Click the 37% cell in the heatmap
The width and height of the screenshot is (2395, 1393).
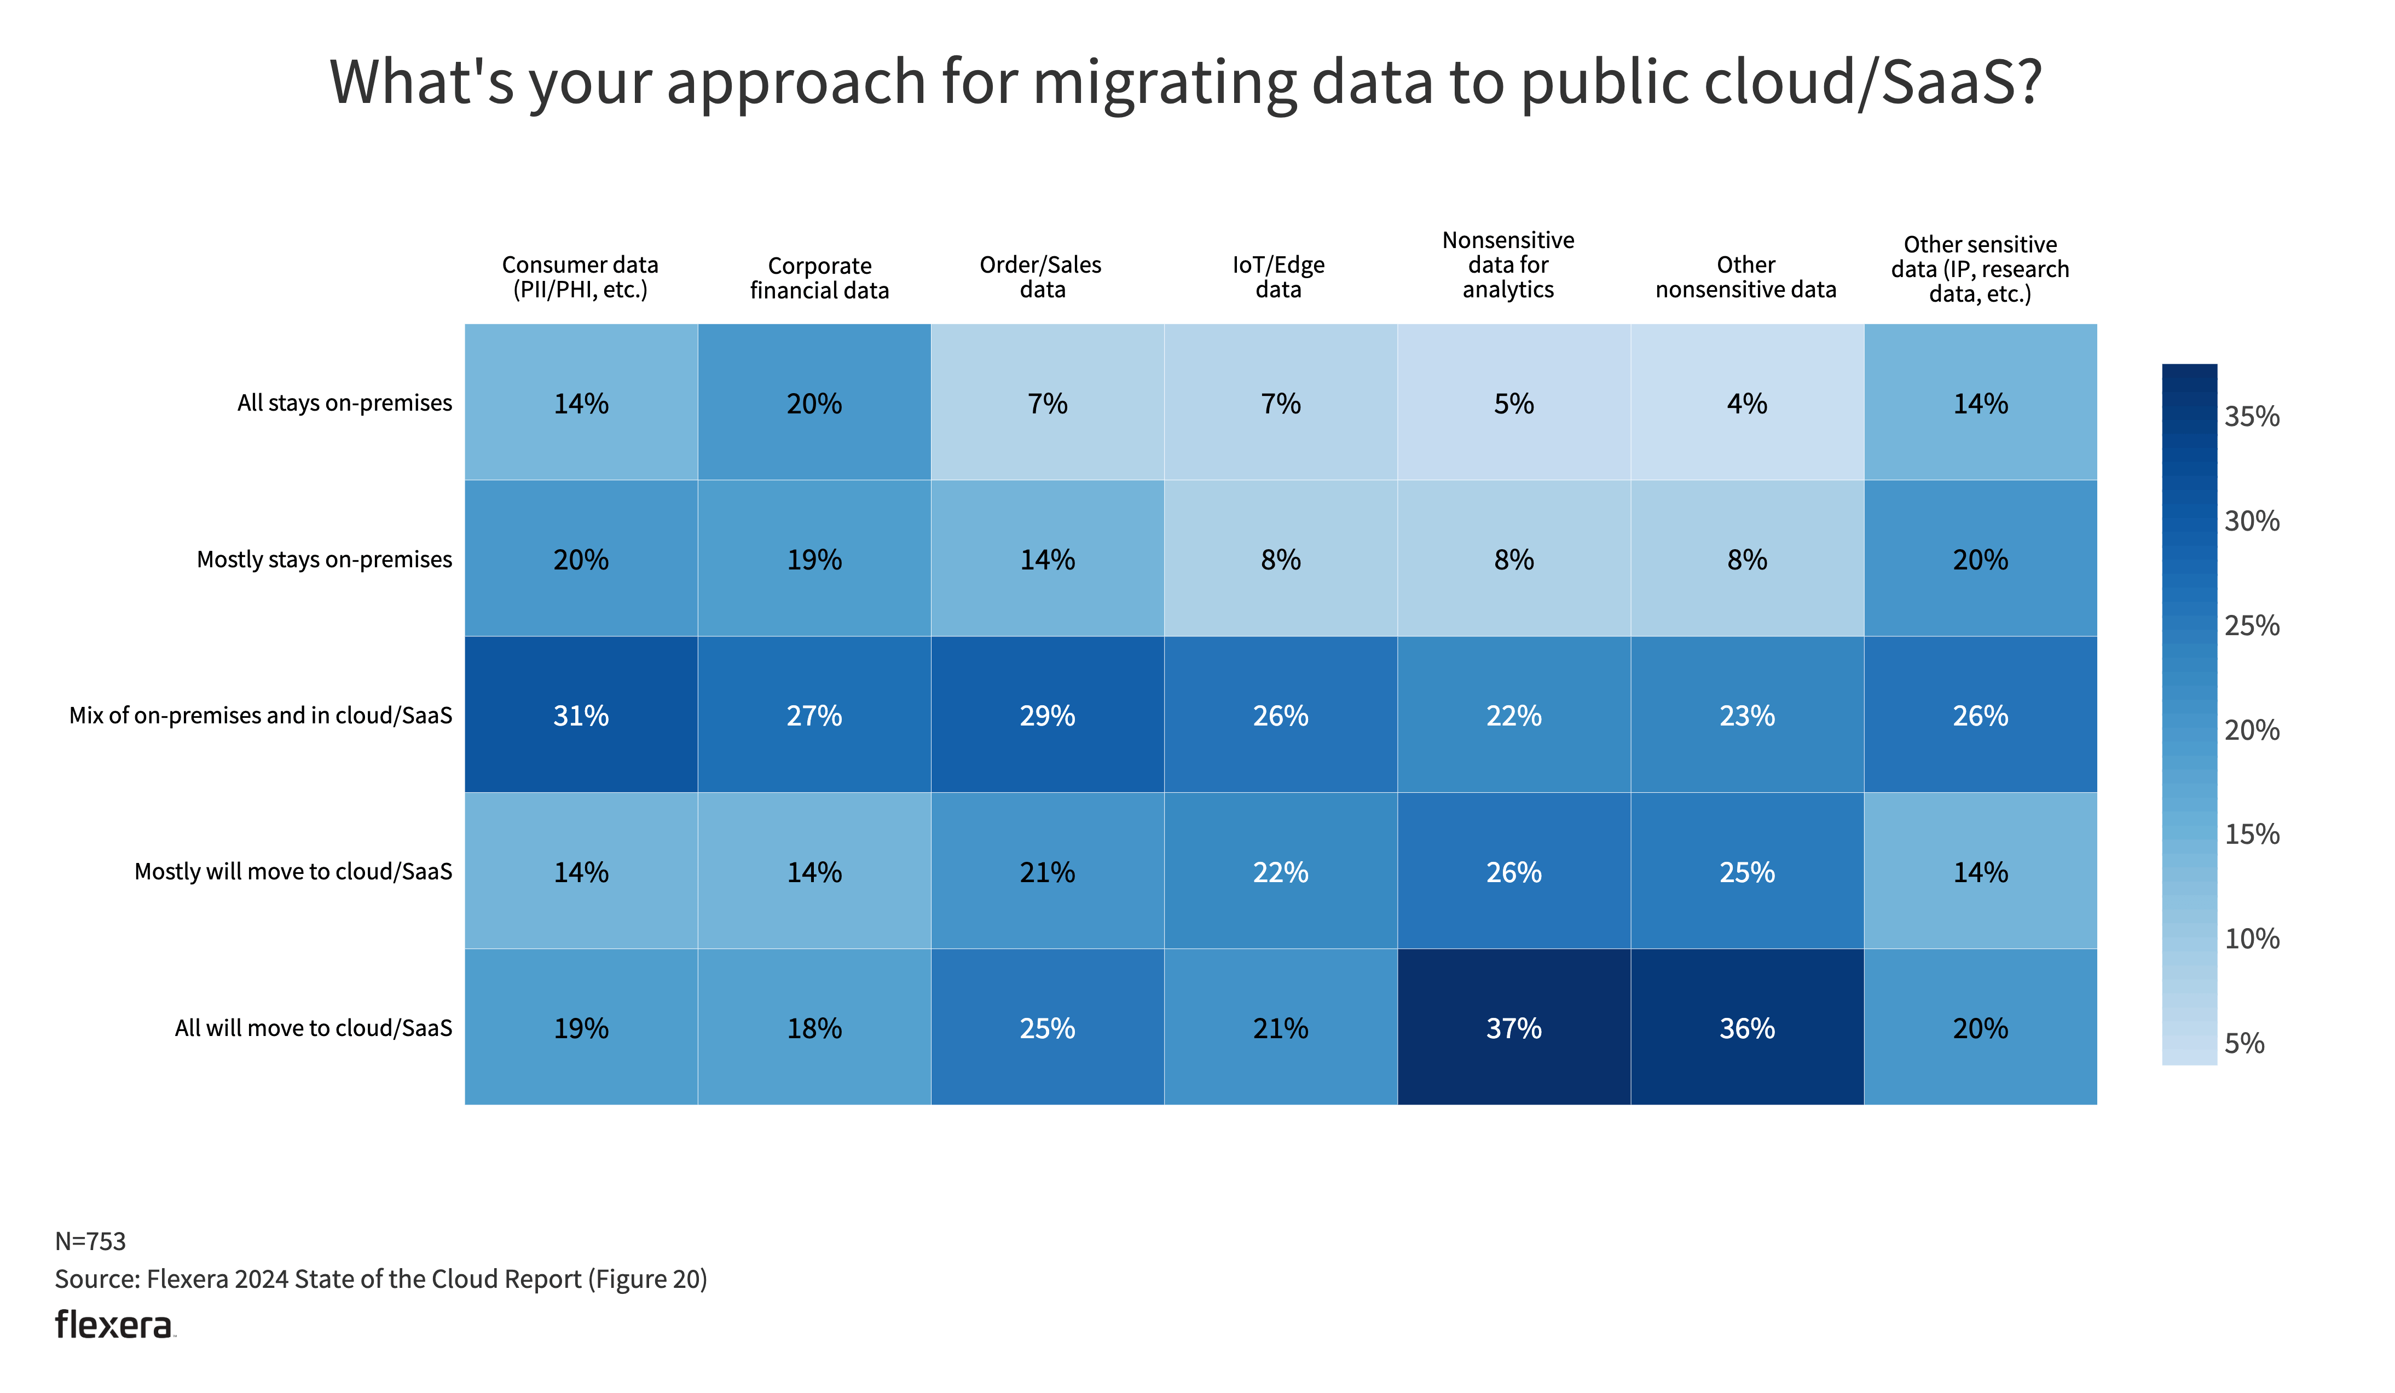(1513, 1028)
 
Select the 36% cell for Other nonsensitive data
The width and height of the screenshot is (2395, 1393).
(1747, 1028)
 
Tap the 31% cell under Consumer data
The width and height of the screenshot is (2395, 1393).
(581, 715)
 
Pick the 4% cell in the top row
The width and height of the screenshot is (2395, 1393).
(1747, 403)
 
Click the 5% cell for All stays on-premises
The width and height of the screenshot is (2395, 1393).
(1513, 403)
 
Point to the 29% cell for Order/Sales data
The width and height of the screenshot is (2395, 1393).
(1048, 715)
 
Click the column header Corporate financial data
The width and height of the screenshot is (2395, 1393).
(819, 278)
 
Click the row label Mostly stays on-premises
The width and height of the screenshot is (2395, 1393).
(324, 559)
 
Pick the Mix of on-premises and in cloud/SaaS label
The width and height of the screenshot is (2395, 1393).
(261, 715)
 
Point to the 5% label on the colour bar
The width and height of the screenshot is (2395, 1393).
(2244, 1043)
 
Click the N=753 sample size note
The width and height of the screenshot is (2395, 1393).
(90, 1241)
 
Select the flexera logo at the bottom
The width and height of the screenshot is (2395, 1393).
(114, 1325)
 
